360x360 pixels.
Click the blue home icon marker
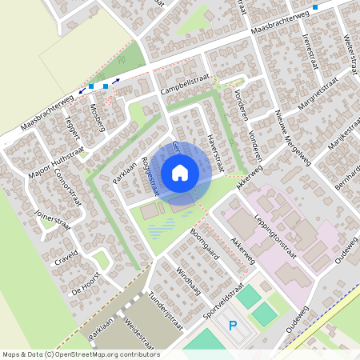click(180, 172)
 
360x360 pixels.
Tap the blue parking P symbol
click(233, 326)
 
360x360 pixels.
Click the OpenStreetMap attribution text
click(81, 354)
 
